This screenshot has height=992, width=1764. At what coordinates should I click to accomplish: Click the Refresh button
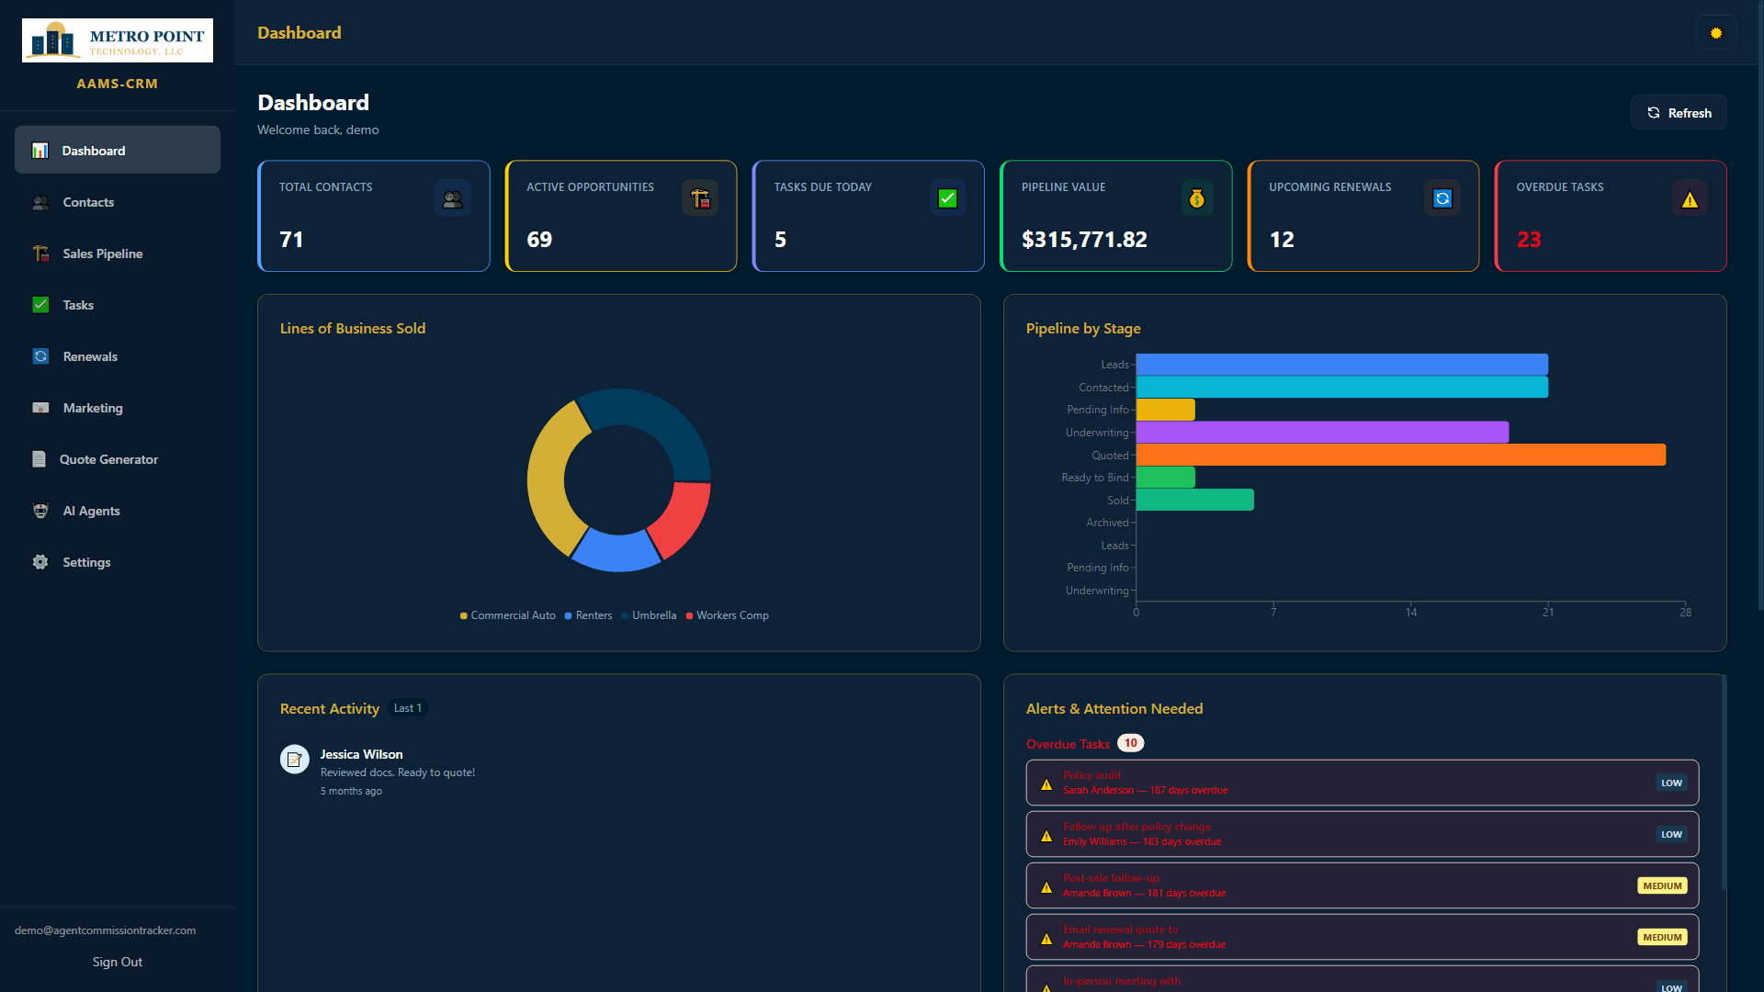1679,113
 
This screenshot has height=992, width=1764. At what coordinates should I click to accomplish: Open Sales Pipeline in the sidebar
102,254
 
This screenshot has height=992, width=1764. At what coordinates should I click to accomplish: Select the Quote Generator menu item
108,459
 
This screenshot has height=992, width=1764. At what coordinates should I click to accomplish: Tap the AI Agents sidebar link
91,511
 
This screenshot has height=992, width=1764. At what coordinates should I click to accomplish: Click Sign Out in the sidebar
118,962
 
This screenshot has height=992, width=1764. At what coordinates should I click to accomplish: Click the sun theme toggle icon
1715,33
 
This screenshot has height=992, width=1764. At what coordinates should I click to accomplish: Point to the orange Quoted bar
1400,455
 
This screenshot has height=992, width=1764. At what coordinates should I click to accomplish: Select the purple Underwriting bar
1322,432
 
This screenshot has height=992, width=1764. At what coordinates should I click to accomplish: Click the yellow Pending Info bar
1165,410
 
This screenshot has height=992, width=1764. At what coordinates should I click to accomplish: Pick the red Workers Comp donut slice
681,519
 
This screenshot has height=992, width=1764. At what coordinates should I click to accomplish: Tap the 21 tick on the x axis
1548,612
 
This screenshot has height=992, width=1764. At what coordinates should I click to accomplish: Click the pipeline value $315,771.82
1084,240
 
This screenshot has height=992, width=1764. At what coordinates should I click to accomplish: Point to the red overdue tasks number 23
1529,240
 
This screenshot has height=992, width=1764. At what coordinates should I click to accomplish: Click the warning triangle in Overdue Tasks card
1690,199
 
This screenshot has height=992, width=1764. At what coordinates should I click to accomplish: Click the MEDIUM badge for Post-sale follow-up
1662,885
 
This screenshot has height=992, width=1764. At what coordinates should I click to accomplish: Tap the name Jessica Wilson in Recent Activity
361,754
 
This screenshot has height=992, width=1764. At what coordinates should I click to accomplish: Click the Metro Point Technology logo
118,40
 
